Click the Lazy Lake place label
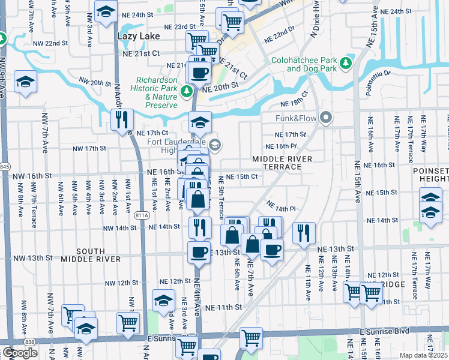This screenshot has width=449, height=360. click(x=133, y=36)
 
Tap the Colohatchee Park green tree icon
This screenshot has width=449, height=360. click(x=346, y=63)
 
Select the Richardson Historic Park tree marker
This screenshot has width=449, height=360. click(x=187, y=91)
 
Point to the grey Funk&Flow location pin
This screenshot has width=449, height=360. click(x=326, y=118)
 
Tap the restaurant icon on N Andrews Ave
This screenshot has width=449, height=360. click(x=122, y=119)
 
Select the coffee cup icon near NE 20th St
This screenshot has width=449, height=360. click(x=199, y=73)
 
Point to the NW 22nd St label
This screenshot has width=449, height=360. click(x=50, y=44)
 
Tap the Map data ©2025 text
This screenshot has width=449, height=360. click(x=423, y=355)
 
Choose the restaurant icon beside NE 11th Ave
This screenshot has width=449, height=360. click(x=304, y=231)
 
